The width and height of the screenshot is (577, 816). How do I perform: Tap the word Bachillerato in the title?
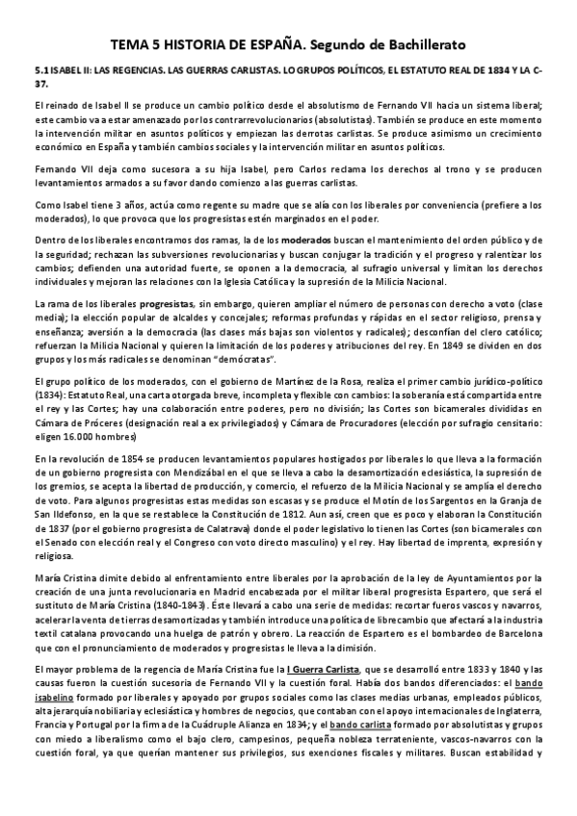pyautogui.click(x=422, y=44)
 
